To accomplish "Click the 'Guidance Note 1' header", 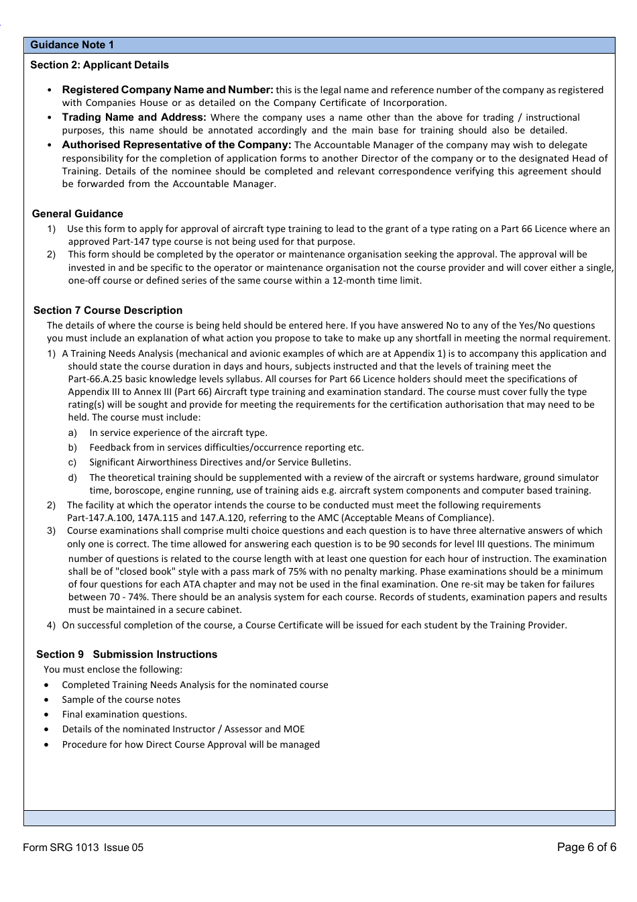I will (x=72, y=45).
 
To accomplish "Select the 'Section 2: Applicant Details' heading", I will (x=99, y=65).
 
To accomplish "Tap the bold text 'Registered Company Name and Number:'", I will (x=168, y=90).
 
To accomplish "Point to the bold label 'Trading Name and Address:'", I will (x=134, y=117).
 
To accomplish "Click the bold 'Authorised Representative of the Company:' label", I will (x=176, y=145).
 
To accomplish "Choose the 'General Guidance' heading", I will (x=78, y=214).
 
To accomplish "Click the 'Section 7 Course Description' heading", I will (x=108, y=311).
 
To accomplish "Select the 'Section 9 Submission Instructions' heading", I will (x=127, y=655).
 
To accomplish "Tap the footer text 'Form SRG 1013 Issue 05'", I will (x=83, y=848).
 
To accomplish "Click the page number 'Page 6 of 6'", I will (x=586, y=847).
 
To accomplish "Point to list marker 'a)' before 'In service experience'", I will (x=72, y=433).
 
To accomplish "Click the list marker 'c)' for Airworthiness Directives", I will (x=72, y=463).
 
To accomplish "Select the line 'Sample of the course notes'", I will (x=121, y=699).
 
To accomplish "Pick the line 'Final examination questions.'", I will (x=125, y=715).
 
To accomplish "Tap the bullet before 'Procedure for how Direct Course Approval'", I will (x=46, y=745).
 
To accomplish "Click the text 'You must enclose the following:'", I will (x=113, y=669).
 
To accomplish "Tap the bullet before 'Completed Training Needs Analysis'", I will (x=46, y=685).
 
